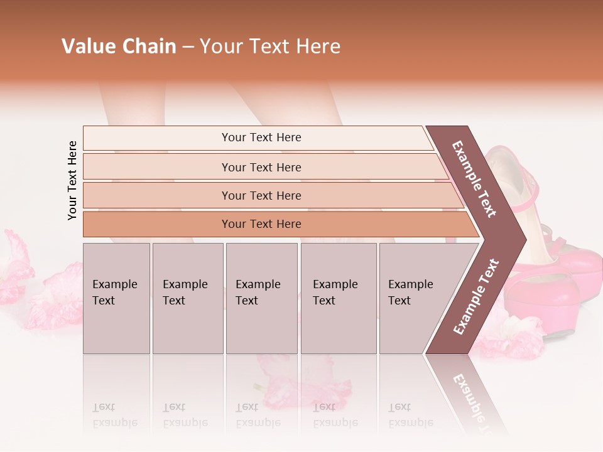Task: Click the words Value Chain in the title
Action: (x=119, y=46)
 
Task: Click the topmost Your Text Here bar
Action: (x=261, y=137)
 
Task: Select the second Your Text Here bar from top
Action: (x=261, y=167)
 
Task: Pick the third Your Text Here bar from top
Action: (x=261, y=195)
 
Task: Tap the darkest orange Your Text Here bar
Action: (x=261, y=224)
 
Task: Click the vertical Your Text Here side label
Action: (x=72, y=180)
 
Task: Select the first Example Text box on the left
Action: (x=116, y=298)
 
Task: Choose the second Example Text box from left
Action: (x=187, y=298)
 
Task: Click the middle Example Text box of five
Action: (x=261, y=298)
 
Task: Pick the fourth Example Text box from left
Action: (x=339, y=298)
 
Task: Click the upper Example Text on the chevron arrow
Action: (x=475, y=179)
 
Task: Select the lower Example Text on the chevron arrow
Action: (x=476, y=296)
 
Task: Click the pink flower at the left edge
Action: (x=16, y=267)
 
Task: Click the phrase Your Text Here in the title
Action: (x=270, y=46)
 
